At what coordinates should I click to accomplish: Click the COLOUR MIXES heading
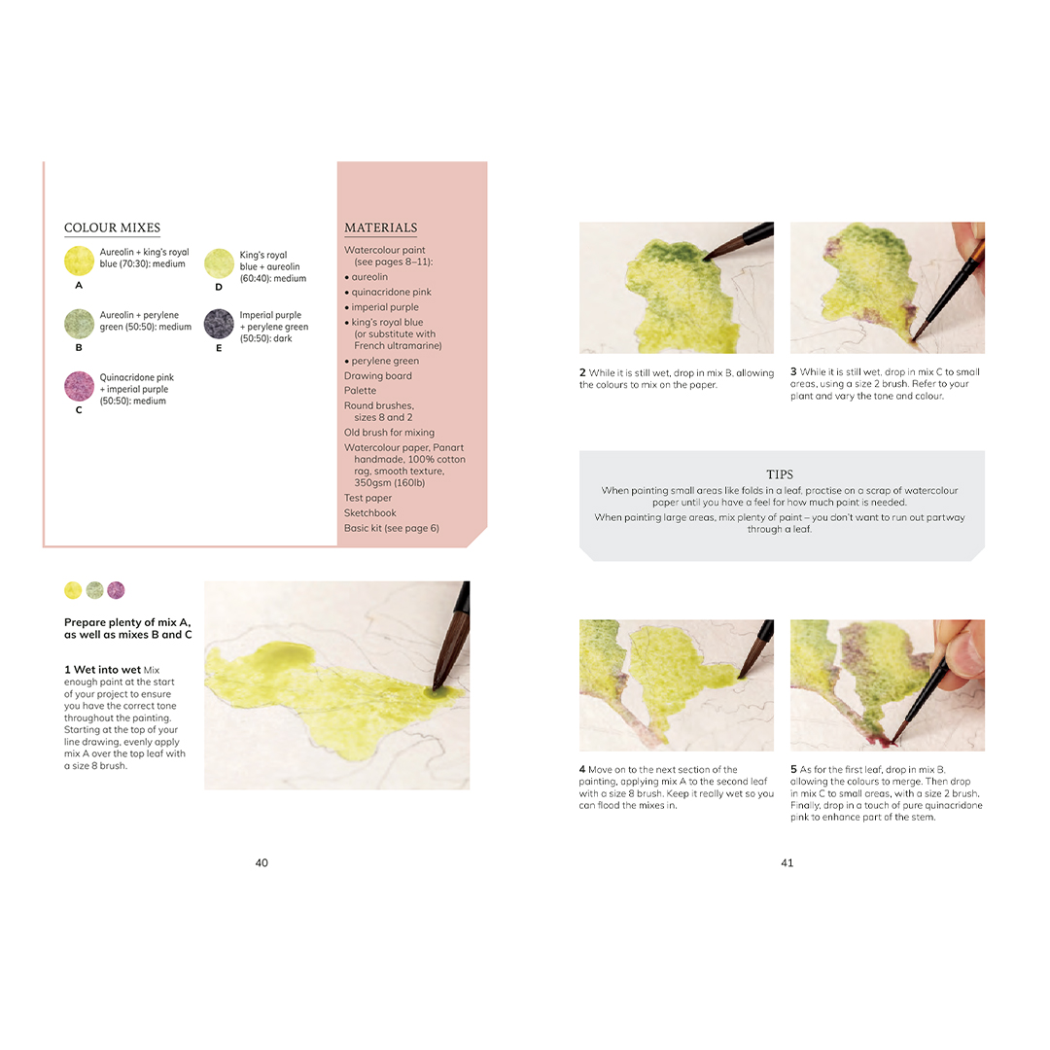[112, 227]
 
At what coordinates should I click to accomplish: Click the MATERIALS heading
[380, 227]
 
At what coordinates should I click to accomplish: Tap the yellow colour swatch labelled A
[79, 261]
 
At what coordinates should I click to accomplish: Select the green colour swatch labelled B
[79, 324]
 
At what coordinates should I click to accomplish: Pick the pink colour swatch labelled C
[79, 386]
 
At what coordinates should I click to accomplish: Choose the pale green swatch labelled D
[219, 263]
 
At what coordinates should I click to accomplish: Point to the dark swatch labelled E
[219, 324]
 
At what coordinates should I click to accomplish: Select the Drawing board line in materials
[377, 375]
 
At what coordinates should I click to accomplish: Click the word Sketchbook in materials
[369, 513]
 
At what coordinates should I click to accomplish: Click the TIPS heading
[780, 474]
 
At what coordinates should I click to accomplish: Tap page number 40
[262, 862]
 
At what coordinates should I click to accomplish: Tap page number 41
[787, 862]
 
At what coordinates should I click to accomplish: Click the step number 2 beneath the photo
[582, 372]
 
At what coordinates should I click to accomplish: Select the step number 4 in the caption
[582, 769]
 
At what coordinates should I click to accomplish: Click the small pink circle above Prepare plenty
[116, 590]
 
